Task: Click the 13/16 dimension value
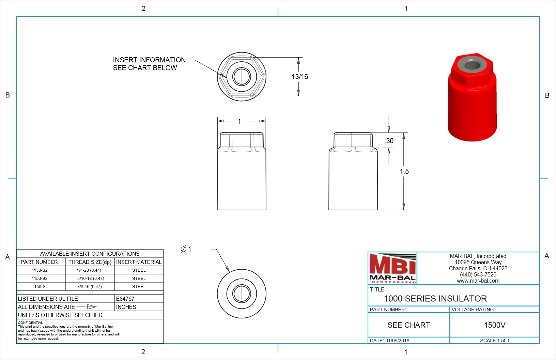(299, 77)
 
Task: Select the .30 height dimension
(389, 141)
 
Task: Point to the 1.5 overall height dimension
(404, 171)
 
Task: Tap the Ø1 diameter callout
(186, 249)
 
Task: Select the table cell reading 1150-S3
(40, 279)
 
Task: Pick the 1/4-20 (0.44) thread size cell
(89, 270)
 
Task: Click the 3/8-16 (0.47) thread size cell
(89, 287)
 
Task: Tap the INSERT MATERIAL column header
(139, 262)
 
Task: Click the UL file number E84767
(125, 299)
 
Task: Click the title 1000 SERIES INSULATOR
(435, 299)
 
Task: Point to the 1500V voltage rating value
(494, 325)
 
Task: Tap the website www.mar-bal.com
(478, 281)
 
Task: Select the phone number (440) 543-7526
(478, 275)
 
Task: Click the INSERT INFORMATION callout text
(149, 60)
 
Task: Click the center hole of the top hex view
(242, 76)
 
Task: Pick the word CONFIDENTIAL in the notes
(30, 322)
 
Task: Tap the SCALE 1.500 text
(494, 341)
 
